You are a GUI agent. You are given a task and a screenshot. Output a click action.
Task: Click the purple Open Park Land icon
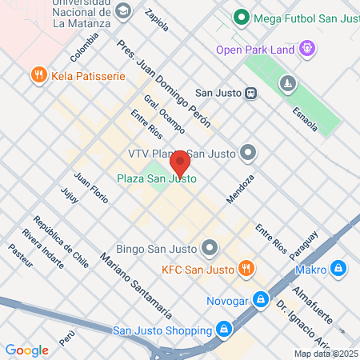306,50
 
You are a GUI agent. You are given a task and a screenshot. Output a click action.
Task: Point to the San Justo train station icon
251,92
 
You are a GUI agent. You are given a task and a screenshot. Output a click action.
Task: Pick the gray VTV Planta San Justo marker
249,151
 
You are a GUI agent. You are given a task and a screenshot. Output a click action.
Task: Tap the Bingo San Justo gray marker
210,246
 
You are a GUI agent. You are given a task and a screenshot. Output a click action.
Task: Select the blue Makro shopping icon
339,268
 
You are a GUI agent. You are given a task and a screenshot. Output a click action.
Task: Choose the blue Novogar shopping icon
259,299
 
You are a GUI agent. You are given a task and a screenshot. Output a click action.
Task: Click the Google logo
26,350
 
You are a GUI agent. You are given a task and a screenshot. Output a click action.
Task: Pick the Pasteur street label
20,254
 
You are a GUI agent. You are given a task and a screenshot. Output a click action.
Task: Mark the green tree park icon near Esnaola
286,82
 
